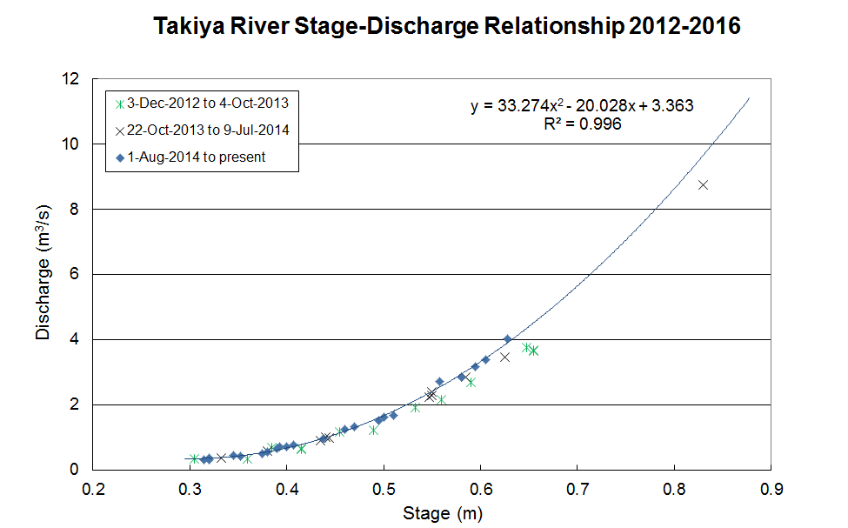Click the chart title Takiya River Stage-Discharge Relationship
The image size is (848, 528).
447,27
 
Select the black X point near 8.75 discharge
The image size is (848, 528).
703,184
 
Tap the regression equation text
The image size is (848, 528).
582,106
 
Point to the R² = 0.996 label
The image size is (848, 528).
582,124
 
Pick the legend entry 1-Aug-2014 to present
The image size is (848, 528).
196,157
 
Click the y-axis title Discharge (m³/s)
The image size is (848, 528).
44,273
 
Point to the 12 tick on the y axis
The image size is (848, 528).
71,79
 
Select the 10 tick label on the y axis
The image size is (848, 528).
71,144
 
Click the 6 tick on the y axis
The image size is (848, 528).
76,274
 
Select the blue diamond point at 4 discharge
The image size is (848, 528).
508,339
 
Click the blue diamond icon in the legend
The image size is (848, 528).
118,157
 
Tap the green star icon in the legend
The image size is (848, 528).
118,103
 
